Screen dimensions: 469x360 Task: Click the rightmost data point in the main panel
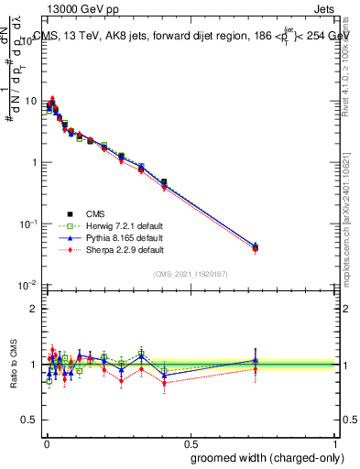(256, 247)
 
